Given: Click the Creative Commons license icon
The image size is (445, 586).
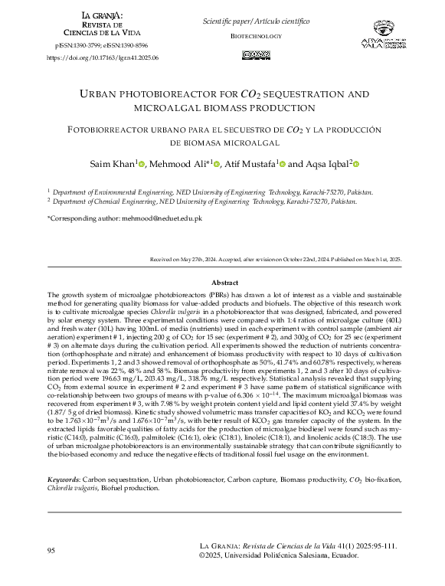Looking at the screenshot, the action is click(256, 54).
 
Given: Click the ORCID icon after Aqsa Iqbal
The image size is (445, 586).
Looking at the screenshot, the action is click(356, 164).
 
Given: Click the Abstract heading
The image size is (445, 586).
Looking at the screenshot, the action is click(224, 283).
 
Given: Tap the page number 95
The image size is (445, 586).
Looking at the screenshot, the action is click(51, 551).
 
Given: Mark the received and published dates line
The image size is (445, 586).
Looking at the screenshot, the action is click(275, 260).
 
